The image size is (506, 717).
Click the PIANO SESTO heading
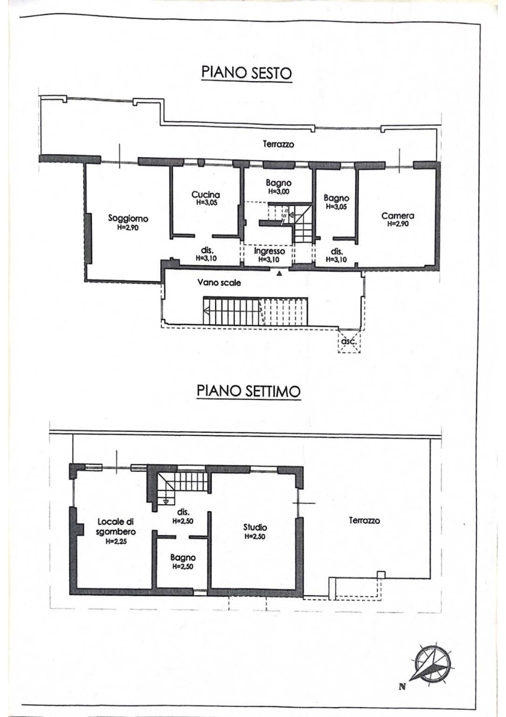tap(246, 73)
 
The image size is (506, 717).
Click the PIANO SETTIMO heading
tap(248, 391)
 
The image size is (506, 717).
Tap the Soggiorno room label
tap(128, 218)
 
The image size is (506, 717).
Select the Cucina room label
tap(206, 195)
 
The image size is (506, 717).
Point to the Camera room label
tap(397, 216)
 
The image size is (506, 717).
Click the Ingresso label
tap(269, 251)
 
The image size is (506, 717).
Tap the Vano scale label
tap(219, 282)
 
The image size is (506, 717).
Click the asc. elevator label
tap(349, 342)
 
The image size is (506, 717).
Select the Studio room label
tap(255, 527)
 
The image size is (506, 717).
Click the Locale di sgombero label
tap(116, 527)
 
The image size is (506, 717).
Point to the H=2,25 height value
tap(116, 542)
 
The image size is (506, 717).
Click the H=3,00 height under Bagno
tap(278, 191)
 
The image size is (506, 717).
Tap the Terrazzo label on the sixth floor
tap(278, 144)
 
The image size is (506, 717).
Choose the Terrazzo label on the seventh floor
tap(364, 520)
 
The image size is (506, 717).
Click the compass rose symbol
tap(432, 662)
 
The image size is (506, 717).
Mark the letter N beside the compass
tap(402, 686)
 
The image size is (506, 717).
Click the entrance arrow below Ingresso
tap(279, 274)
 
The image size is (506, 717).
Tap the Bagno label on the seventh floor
tap(183, 557)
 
